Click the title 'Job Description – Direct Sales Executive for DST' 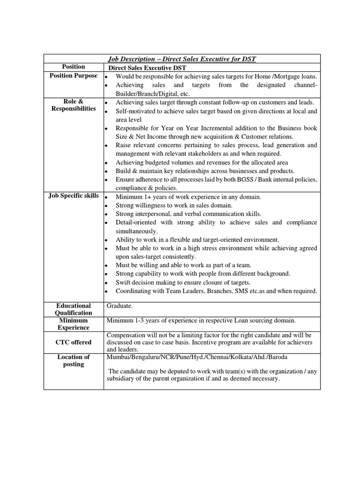point(182,59)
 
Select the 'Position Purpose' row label point(74,75)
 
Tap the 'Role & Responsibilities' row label point(74,105)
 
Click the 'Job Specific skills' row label point(74,195)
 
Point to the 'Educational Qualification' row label point(74,309)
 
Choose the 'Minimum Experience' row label point(74,324)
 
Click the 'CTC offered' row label point(74,342)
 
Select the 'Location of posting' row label point(74,360)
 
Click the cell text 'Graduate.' point(120,306)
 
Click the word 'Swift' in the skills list point(124,282)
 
